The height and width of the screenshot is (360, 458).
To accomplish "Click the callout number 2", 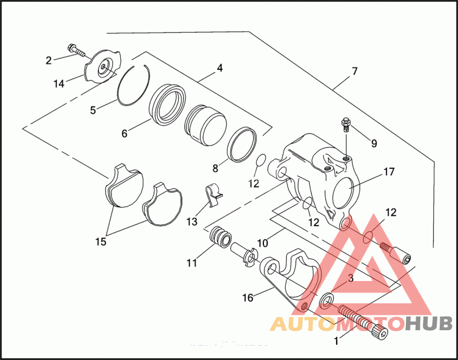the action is tap(49, 60).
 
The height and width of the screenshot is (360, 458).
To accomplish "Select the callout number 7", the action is tap(355, 72).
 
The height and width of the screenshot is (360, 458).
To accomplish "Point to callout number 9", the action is tap(373, 143).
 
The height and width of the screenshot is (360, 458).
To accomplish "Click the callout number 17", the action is tap(389, 171).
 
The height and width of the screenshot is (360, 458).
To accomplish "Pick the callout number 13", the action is tap(191, 220).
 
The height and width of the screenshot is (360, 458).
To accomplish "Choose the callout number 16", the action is tap(248, 297).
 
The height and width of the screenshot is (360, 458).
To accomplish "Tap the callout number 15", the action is tap(101, 242).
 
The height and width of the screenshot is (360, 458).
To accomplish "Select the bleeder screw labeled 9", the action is tap(345, 124).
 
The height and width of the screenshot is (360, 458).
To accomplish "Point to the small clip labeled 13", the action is tap(213, 193).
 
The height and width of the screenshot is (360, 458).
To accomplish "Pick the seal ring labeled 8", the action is tap(242, 143).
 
